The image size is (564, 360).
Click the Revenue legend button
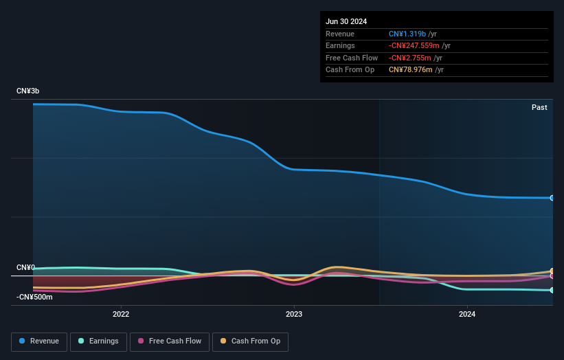click(39, 341)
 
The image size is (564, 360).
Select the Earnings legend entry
click(98, 341)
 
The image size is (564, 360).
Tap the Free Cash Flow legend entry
click(170, 341)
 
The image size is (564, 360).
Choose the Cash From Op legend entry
click(250, 341)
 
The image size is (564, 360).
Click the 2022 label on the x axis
click(121, 315)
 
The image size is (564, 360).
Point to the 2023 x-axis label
click(294, 315)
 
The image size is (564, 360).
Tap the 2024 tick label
click(467, 315)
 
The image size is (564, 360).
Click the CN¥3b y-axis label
click(28, 91)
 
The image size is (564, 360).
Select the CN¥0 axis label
click(26, 267)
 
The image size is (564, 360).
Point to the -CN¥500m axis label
click(34, 297)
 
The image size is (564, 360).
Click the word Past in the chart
click(539, 107)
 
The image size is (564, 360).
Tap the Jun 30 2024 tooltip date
click(346, 21)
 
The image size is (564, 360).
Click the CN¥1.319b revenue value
click(407, 34)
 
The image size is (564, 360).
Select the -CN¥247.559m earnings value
click(414, 45)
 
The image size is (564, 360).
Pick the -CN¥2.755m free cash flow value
click(410, 58)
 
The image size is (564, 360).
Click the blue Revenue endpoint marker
click(552, 198)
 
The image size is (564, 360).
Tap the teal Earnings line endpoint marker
click(552, 290)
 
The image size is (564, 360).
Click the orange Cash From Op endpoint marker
click(552, 271)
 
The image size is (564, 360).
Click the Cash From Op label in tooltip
click(350, 69)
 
